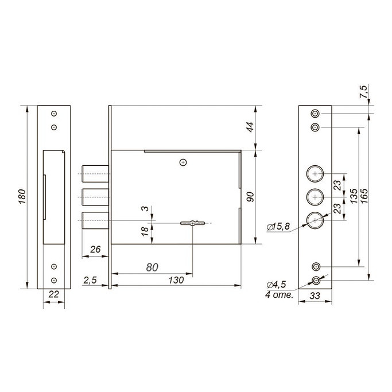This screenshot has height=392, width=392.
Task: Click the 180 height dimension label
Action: pyautogui.click(x=22, y=196)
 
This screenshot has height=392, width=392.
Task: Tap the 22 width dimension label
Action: pyautogui.click(x=53, y=294)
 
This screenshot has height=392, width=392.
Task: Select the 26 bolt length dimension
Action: pyautogui.click(x=95, y=249)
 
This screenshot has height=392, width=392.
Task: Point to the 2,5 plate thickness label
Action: pyautogui.click(x=90, y=281)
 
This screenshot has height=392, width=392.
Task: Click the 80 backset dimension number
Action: pyautogui.click(x=152, y=267)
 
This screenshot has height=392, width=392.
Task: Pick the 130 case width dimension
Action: pyautogui.click(x=176, y=280)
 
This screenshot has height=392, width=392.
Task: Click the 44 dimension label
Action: pyautogui.click(x=250, y=127)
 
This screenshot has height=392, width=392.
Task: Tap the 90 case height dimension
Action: pyautogui.click(x=250, y=197)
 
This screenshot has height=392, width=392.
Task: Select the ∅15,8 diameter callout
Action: pyautogui.click(x=278, y=227)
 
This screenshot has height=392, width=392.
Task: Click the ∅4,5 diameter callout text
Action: pyautogui.click(x=276, y=285)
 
